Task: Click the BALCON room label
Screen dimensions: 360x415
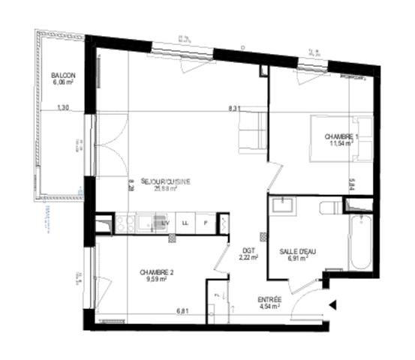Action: pyautogui.click(x=62, y=76)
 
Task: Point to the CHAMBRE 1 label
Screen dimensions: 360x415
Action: pyautogui.click(x=342, y=136)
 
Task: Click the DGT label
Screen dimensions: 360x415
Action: pyautogui.click(x=248, y=250)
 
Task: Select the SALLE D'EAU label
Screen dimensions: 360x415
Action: pyautogui.click(x=297, y=250)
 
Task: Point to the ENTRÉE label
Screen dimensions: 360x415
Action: pyautogui.click(x=270, y=298)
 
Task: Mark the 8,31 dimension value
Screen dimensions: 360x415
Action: pyautogui.click(x=234, y=109)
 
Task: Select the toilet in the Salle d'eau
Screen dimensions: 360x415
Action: pyautogui.click(x=330, y=207)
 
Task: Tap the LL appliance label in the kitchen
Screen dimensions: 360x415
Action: pyautogui.click(x=183, y=221)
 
